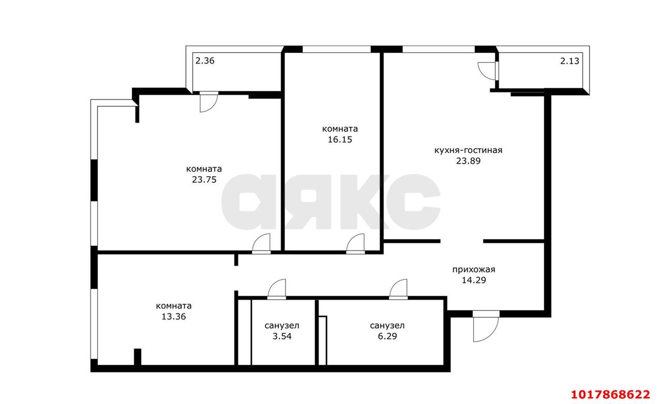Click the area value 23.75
[204, 180]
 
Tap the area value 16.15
[340, 139]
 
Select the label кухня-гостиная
[468, 150]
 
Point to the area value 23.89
[469, 161]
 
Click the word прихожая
[474, 270]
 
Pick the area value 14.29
[474, 280]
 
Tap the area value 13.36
[174, 317]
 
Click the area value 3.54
[282, 336]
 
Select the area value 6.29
[387, 336]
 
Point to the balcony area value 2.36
[205, 61]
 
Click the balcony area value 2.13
[569, 61]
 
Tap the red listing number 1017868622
[610, 395]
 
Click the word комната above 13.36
[174, 306]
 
